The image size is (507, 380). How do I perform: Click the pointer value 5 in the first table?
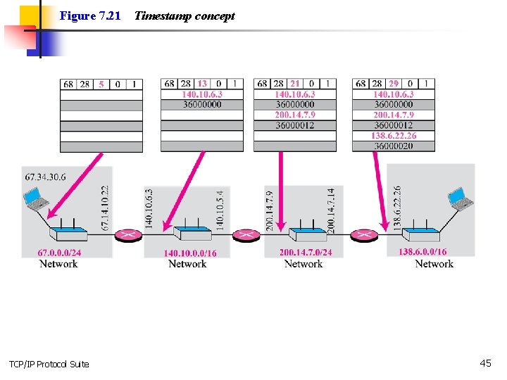(101, 84)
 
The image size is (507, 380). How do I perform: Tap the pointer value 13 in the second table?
(202, 84)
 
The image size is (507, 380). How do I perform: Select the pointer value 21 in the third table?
(295, 84)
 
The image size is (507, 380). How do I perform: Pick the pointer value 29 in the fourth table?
(394, 84)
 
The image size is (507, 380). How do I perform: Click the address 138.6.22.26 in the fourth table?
(394, 136)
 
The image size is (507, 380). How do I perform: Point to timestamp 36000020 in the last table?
(394, 146)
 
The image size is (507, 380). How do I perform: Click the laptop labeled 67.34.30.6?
(36, 200)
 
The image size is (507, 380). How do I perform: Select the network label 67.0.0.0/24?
(59, 253)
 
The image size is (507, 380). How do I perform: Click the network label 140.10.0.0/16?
(190, 253)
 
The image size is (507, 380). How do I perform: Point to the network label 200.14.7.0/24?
(306, 253)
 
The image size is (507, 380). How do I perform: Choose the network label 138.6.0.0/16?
(423, 252)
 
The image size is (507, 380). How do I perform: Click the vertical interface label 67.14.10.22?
(105, 208)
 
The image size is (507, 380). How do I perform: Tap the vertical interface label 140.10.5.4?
(220, 209)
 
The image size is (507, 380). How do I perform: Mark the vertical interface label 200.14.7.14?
(331, 209)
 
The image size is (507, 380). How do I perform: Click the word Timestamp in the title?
(161, 15)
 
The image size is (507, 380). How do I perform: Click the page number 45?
(485, 363)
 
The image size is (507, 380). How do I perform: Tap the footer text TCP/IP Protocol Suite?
(49, 364)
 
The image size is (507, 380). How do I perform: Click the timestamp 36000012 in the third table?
(295, 125)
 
